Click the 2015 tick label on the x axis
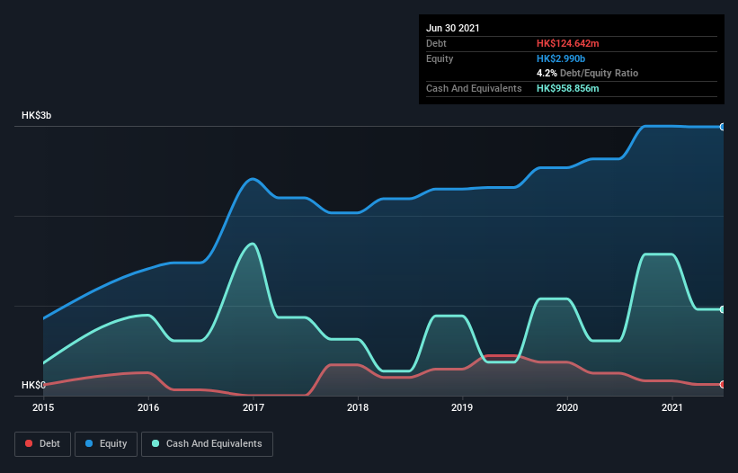(43, 407)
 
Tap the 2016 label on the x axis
(148, 407)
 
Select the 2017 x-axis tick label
(253, 407)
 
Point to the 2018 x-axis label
(358, 407)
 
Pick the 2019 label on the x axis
(463, 407)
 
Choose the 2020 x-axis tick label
(567, 407)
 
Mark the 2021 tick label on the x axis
(672, 407)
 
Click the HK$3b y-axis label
(37, 116)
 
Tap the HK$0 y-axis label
(33, 386)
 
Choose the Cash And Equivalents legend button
(207, 443)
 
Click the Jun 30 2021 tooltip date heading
(453, 28)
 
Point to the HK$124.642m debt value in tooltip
(575, 43)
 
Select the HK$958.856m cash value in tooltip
(575, 88)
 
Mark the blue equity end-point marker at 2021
(723, 127)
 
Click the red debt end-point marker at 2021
(723, 385)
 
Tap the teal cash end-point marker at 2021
(723, 309)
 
